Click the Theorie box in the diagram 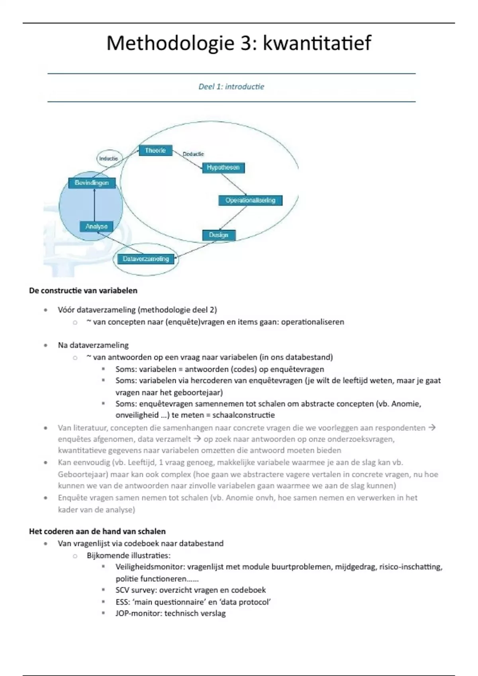[x=155, y=150]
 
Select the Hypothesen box [x=223, y=167]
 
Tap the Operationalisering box [x=250, y=200]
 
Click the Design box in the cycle [x=219, y=235]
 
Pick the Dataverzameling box [x=146, y=259]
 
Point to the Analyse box [x=96, y=226]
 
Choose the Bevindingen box [x=92, y=183]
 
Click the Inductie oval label [x=108, y=158]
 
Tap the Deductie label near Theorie [x=193, y=154]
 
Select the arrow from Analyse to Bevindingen [x=94, y=205]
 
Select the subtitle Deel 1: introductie [x=231, y=87]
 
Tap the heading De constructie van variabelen [x=83, y=291]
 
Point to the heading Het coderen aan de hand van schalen [x=97, y=531]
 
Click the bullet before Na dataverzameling [x=46, y=346]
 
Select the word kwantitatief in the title [x=317, y=43]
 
